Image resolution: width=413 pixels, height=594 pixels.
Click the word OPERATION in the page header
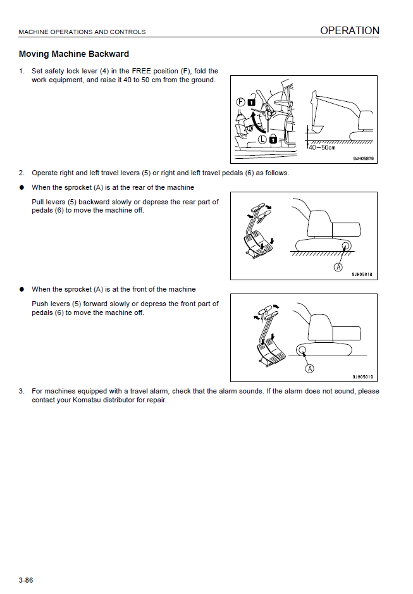(349, 30)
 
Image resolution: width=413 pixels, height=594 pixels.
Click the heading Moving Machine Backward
(74, 54)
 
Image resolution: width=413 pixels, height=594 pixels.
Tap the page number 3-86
(26, 579)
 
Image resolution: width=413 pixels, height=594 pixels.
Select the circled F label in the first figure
(240, 101)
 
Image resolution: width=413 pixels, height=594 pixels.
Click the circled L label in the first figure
(262, 138)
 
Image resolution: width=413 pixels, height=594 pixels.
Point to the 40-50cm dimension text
(322, 148)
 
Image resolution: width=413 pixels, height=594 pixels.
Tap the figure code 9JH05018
(362, 275)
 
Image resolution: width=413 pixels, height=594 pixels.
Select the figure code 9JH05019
(362, 376)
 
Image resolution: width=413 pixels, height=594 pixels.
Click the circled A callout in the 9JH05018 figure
(338, 267)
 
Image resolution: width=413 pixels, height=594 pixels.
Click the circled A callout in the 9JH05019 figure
(309, 368)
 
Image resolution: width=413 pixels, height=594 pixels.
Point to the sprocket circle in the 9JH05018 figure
(345, 245)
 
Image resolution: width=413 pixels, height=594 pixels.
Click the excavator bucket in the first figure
(312, 117)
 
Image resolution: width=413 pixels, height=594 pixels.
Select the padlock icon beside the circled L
(273, 138)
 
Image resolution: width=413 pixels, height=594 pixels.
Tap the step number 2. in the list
(22, 173)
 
